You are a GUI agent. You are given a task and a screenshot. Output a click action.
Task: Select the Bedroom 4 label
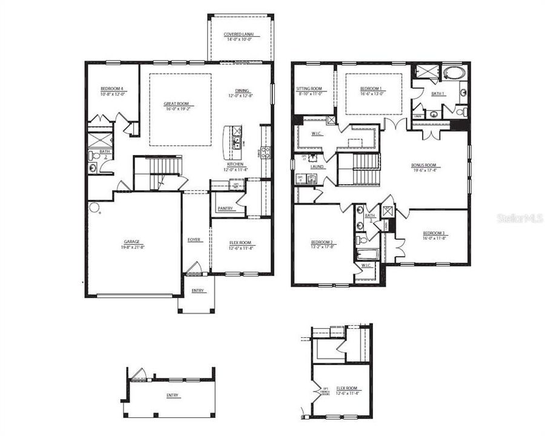[112, 89]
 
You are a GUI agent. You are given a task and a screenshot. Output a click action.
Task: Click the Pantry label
[225, 209]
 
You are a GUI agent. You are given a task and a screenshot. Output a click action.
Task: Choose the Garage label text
[132, 242]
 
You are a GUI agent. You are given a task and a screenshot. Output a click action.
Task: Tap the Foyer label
[194, 240]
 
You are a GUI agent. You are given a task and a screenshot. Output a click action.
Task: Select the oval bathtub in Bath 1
[452, 74]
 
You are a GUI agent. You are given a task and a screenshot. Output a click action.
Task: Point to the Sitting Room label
[309, 88]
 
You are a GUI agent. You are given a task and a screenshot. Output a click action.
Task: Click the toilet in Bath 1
[460, 113]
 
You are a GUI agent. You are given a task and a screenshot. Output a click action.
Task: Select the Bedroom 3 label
[435, 233]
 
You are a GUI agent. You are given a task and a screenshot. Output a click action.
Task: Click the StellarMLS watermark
[520, 216]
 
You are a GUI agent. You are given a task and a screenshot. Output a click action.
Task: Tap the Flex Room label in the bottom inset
[347, 388]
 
